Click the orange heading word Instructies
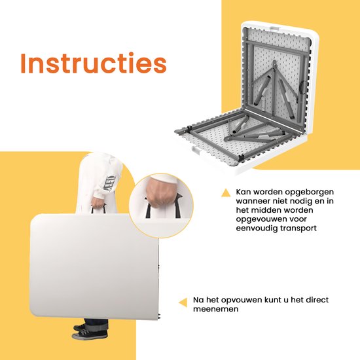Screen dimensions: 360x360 tap(94, 63)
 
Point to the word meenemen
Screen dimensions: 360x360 tap(216, 309)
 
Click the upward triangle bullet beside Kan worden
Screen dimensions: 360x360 tap(226, 193)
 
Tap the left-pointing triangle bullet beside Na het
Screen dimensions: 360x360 tap(183, 302)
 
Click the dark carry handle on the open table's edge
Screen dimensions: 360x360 tap(302, 87)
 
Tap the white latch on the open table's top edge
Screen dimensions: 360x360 tap(276, 27)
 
